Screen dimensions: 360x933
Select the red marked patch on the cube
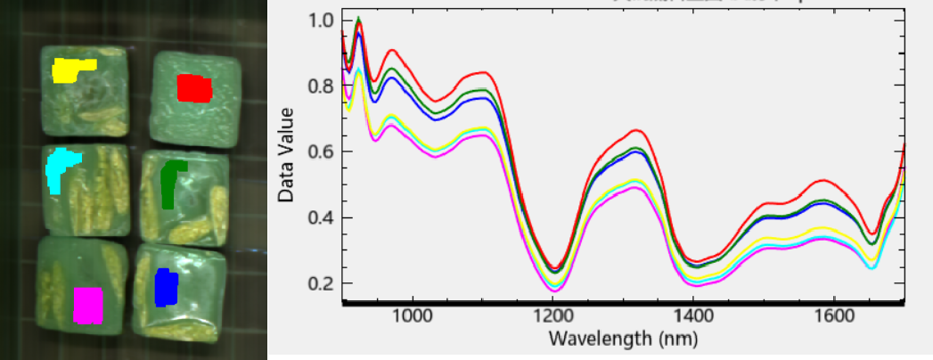coord(194,88)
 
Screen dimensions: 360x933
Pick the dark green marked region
coord(169,183)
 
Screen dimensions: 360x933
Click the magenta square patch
coord(88,304)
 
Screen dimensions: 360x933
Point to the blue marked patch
coord(166,288)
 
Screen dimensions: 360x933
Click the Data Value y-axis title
coord(287,152)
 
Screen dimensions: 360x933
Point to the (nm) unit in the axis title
coord(677,339)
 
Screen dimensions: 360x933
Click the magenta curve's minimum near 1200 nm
coord(553,290)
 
